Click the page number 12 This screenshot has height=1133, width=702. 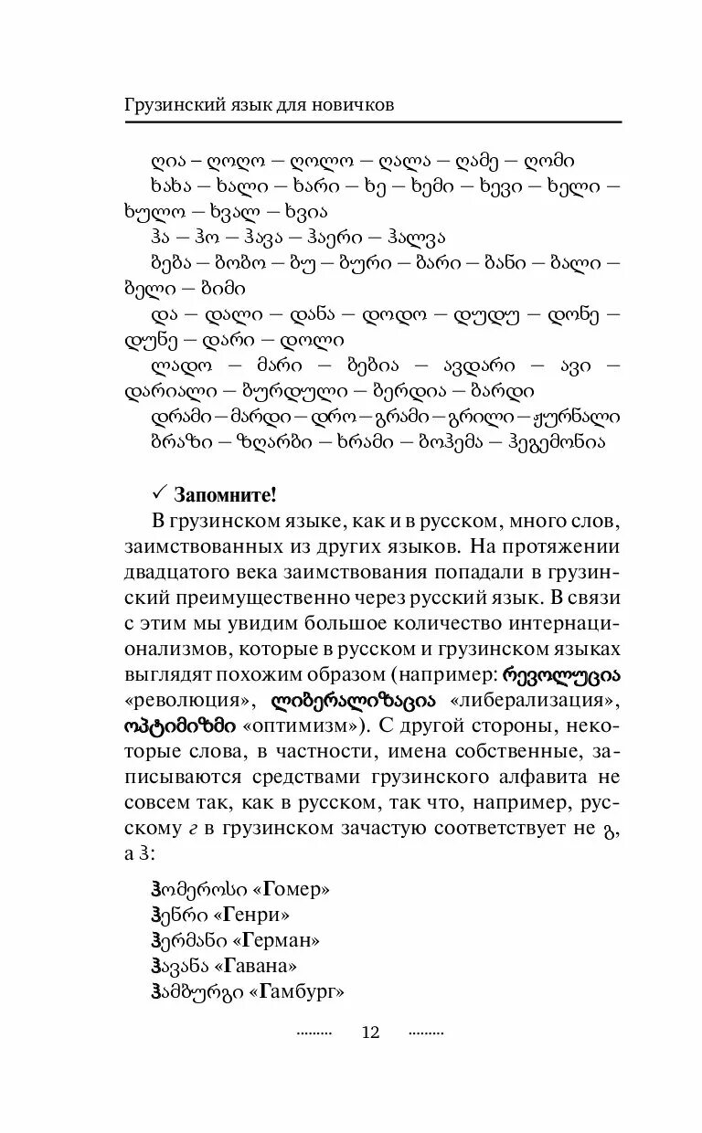click(370, 1032)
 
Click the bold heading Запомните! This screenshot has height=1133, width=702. click(225, 495)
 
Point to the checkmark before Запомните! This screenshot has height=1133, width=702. click(157, 494)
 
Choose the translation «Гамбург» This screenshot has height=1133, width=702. click(297, 991)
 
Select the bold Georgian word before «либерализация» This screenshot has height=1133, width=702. click(351, 702)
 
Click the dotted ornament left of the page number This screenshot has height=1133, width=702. click(314, 1032)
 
